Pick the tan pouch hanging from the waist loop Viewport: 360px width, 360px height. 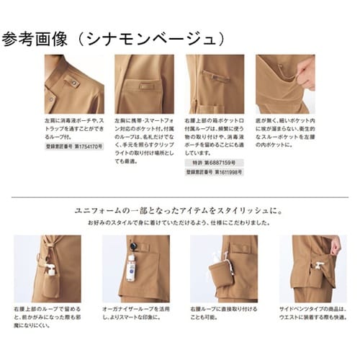(214, 274)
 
